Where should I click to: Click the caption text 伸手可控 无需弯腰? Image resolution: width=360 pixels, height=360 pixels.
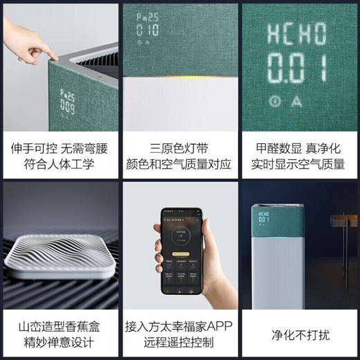pos(59,147)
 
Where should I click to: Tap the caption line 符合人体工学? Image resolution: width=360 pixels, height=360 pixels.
pos(59,164)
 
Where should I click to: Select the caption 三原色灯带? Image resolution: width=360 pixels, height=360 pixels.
pos(180,147)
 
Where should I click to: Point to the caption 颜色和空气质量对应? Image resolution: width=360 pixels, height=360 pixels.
pos(180,164)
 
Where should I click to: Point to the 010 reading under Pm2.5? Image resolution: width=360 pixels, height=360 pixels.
pos(148,31)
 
